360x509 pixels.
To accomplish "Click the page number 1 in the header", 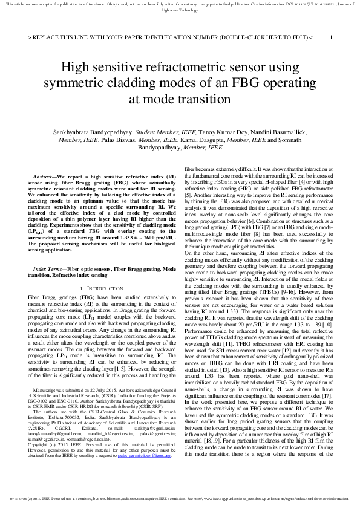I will coord(331,37).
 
